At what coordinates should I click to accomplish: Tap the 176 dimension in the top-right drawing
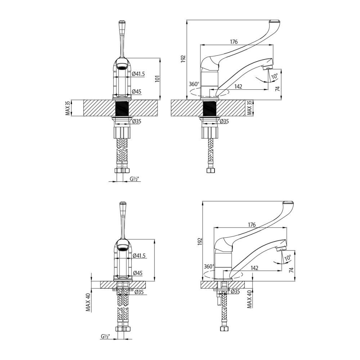tap(234, 42)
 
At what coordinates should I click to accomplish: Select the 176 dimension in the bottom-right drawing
tap(252, 224)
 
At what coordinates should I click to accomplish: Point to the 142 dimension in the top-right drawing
tap(238, 86)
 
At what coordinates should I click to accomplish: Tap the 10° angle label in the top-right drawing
tap(274, 76)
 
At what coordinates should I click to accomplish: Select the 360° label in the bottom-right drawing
tap(209, 266)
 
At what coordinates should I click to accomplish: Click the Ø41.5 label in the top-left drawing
tap(139, 74)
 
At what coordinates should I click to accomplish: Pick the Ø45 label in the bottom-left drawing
tap(137, 273)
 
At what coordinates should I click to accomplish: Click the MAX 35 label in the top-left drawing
tap(67, 108)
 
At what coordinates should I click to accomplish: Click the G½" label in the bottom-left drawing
tap(105, 336)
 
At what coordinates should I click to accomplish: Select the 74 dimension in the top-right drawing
tap(278, 89)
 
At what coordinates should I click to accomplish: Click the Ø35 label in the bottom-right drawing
tap(235, 291)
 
